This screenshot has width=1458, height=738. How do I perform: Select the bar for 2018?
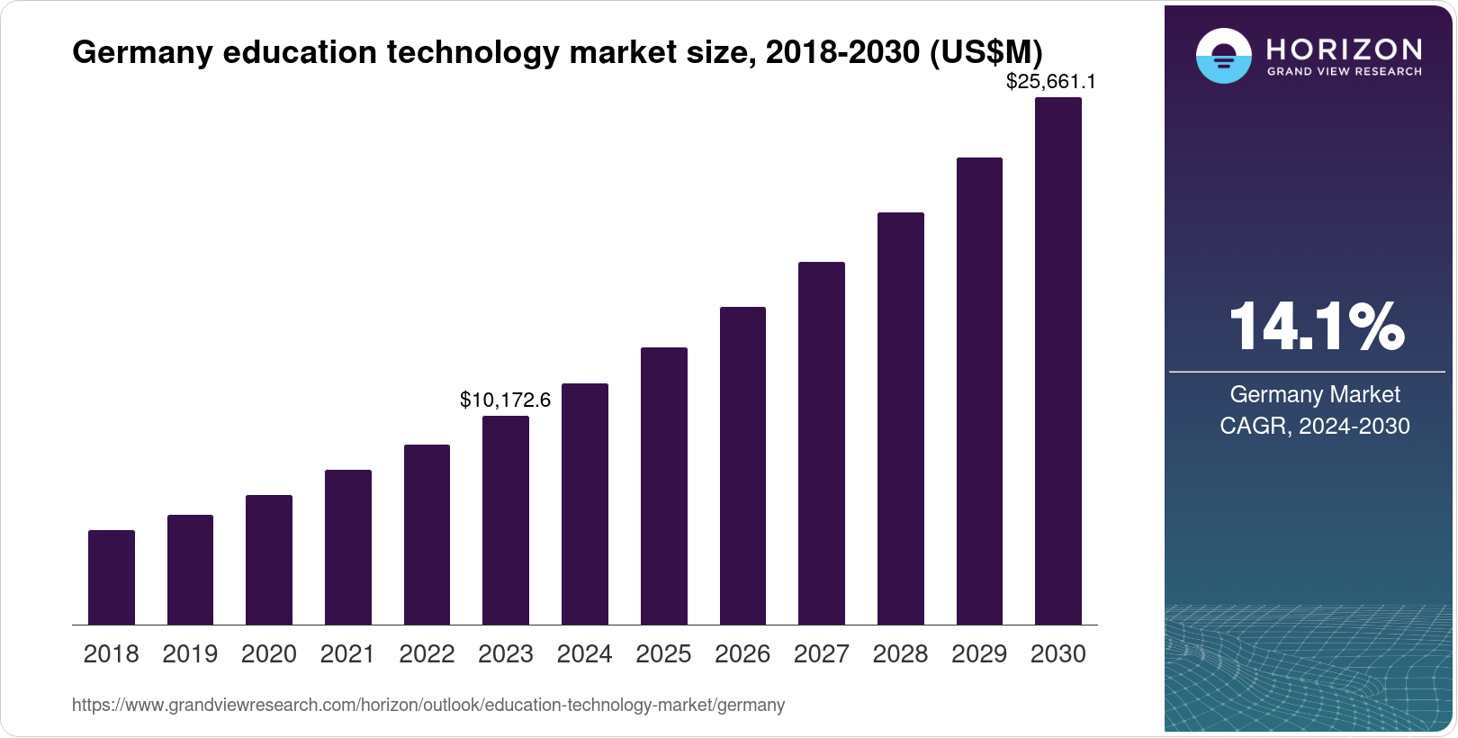(112, 577)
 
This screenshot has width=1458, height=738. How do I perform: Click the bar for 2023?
(506, 520)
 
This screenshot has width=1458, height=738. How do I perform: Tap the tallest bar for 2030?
(1058, 361)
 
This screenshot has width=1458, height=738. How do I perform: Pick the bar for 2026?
(742, 465)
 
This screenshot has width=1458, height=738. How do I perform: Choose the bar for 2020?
(269, 560)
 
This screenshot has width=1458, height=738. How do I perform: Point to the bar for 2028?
(901, 418)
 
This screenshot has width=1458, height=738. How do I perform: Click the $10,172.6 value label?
(505, 400)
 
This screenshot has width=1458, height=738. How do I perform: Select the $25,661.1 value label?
(1050, 82)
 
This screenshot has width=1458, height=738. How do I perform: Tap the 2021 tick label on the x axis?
(347, 654)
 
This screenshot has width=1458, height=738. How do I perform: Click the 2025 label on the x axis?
(663, 654)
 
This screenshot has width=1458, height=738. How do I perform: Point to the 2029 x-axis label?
(979, 654)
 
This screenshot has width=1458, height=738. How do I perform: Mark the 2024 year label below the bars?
(584, 654)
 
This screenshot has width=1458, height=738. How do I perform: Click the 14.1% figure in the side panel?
(1315, 326)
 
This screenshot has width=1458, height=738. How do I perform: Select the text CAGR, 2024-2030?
(1314, 426)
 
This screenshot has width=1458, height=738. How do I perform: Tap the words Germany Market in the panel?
(1314, 394)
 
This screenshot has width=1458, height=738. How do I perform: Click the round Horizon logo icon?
(1223, 56)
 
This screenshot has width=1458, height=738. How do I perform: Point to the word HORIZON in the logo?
(1345, 49)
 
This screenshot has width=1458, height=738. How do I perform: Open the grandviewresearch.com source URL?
(428, 705)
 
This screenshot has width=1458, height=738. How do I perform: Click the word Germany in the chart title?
(142, 52)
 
